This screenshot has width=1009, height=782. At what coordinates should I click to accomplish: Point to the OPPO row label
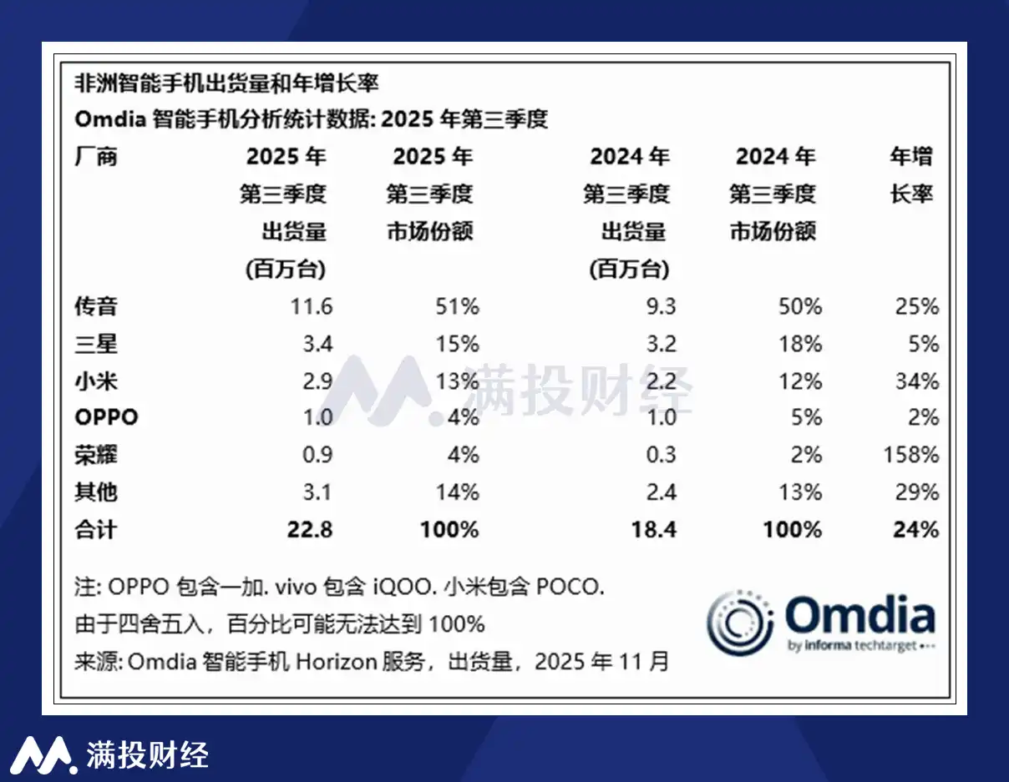click(106, 417)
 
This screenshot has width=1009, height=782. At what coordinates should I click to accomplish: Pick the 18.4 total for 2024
click(653, 529)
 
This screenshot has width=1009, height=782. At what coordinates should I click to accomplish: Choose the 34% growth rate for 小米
click(918, 381)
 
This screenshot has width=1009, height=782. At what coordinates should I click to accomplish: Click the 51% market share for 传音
click(457, 306)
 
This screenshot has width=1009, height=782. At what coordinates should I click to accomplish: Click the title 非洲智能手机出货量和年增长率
click(227, 83)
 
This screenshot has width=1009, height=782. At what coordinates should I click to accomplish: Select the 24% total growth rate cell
click(918, 529)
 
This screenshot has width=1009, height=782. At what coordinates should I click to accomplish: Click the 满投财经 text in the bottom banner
click(147, 754)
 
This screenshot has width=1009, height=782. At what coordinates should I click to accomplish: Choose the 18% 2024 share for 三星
click(799, 344)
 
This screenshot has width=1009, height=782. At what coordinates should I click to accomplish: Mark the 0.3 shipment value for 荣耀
click(662, 455)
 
